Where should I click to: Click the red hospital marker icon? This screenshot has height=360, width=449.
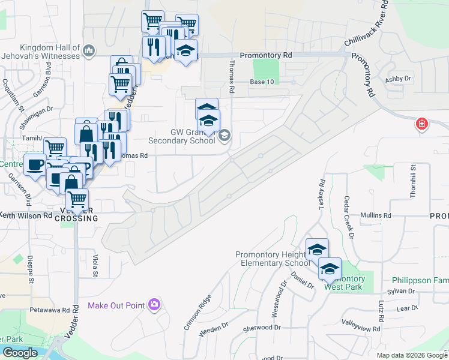point(422,124)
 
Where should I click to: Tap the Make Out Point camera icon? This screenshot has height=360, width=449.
point(154,305)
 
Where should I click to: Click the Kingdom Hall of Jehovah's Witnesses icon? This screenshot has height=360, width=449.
point(89,50)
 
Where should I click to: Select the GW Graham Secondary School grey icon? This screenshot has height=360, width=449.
point(224,135)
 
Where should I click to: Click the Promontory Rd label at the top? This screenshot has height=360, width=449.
point(265,55)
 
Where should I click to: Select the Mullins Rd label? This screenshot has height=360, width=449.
point(376,215)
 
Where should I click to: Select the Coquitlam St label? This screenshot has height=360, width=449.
point(12,95)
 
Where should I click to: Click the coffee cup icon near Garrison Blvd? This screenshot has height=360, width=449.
point(35,165)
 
